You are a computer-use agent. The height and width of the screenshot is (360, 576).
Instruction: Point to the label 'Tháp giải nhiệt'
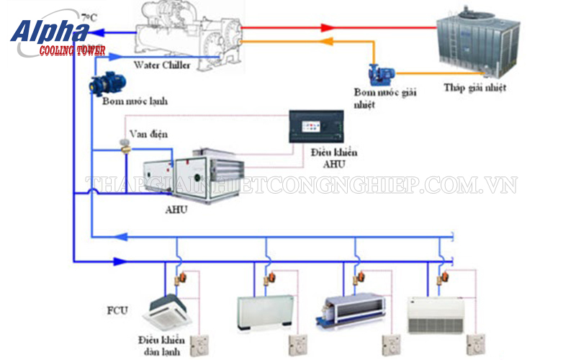coord(474,89)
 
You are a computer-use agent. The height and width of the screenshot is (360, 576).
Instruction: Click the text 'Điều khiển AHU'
coord(334,158)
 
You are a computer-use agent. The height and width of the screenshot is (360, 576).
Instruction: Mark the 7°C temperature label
coord(89,17)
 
